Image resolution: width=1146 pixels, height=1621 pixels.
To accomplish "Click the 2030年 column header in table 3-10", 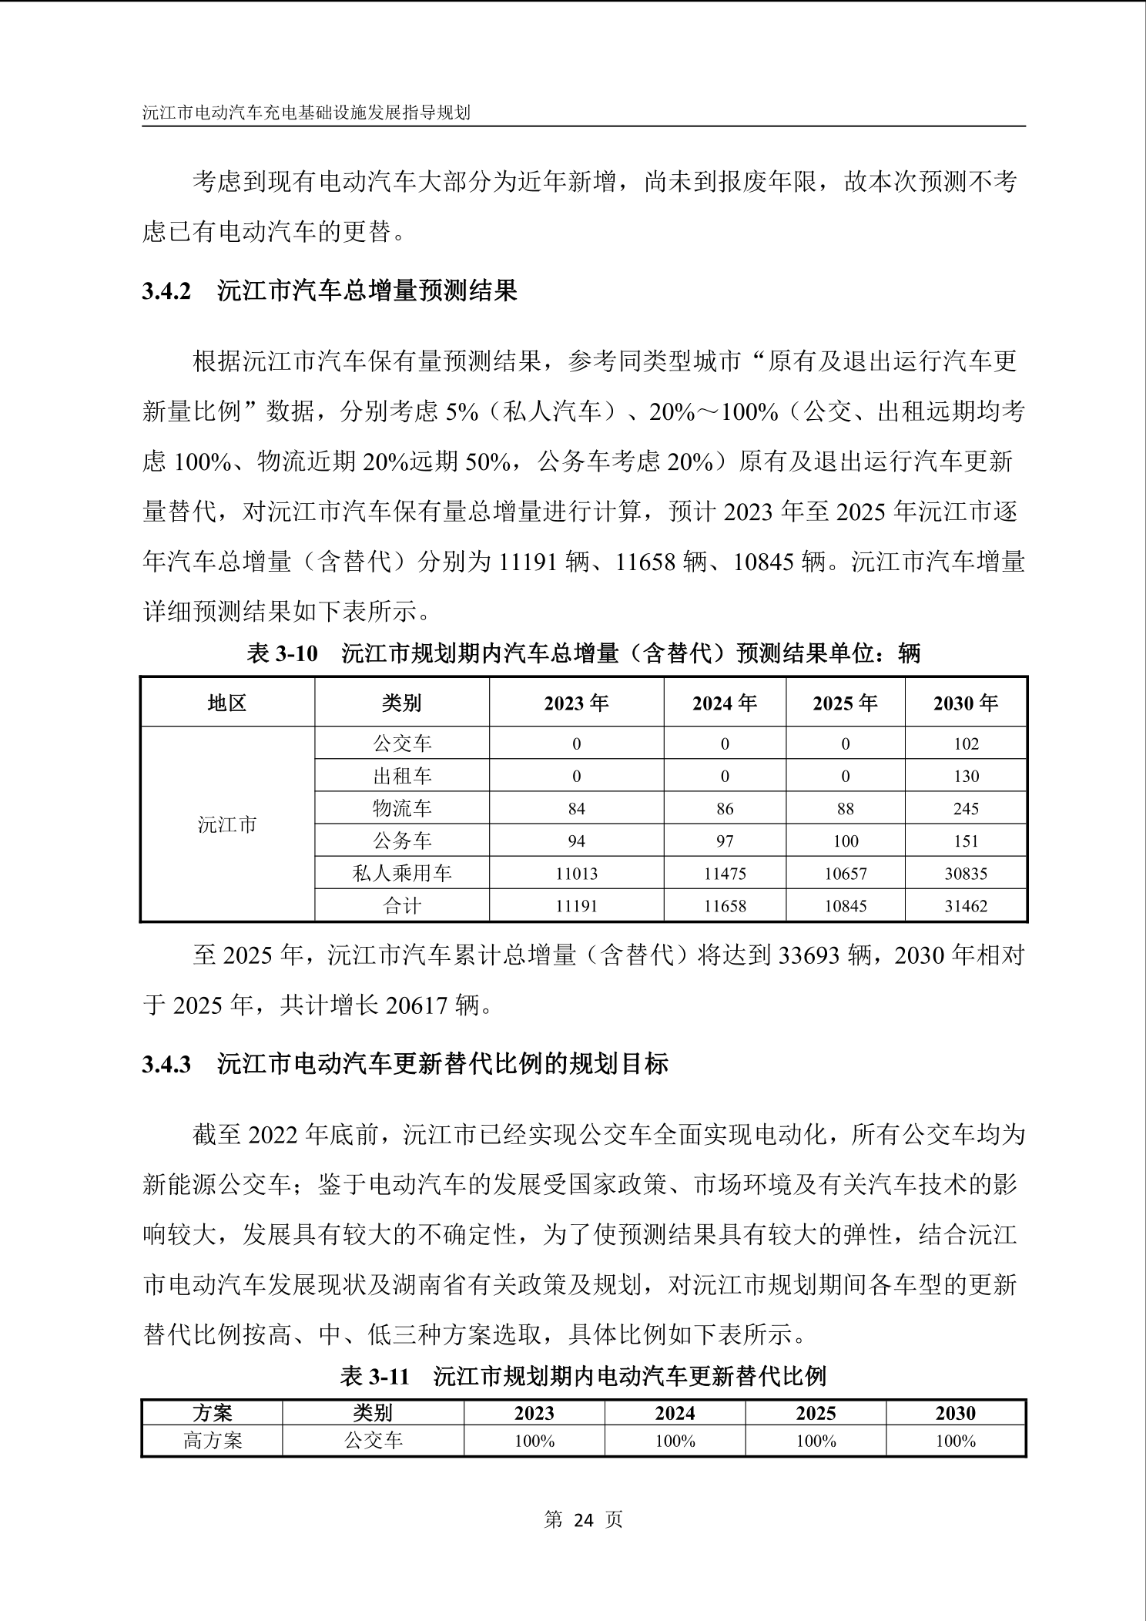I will pyautogui.click(x=965, y=703).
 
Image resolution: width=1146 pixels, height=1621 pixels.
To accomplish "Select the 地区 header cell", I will pyautogui.click(x=227, y=703).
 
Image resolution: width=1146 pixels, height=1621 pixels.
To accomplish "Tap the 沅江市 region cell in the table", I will pyautogui.click(x=227, y=824).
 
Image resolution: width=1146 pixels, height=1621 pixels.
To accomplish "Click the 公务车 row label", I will pyautogui.click(x=402, y=841).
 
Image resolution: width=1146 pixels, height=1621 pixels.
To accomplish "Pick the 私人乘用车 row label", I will pyautogui.click(x=402, y=874).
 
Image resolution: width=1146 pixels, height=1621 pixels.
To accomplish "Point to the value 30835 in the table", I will pyautogui.click(x=965, y=874).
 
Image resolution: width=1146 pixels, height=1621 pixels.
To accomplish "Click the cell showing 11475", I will pyautogui.click(x=724, y=874).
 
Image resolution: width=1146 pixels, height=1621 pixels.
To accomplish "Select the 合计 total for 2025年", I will pyautogui.click(x=845, y=906).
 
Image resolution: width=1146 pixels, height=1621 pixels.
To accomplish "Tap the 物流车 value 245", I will pyautogui.click(x=965, y=809).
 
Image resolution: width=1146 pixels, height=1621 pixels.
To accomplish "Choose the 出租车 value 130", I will pyautogui.click(x=965, y=776).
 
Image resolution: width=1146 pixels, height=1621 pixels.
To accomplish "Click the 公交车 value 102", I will pyautogui.click(x=965, y=743).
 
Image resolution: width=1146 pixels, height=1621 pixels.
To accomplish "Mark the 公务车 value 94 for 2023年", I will pyautogui.click(x=576, y=841).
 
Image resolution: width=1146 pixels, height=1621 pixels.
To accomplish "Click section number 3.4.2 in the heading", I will pyautogui.click(x=166, y=292).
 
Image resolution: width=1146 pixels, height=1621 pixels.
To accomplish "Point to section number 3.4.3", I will pyautogui.click(x=166, y=1065).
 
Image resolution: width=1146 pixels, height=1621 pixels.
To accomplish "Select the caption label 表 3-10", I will pyautogui.click(x=282, y=654).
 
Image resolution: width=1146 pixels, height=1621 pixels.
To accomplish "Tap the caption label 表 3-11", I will pyautogui.click(x=374, y=1376).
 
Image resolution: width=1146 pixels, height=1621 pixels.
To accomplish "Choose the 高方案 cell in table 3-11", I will pyautogui.click(x=213, y=1440).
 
